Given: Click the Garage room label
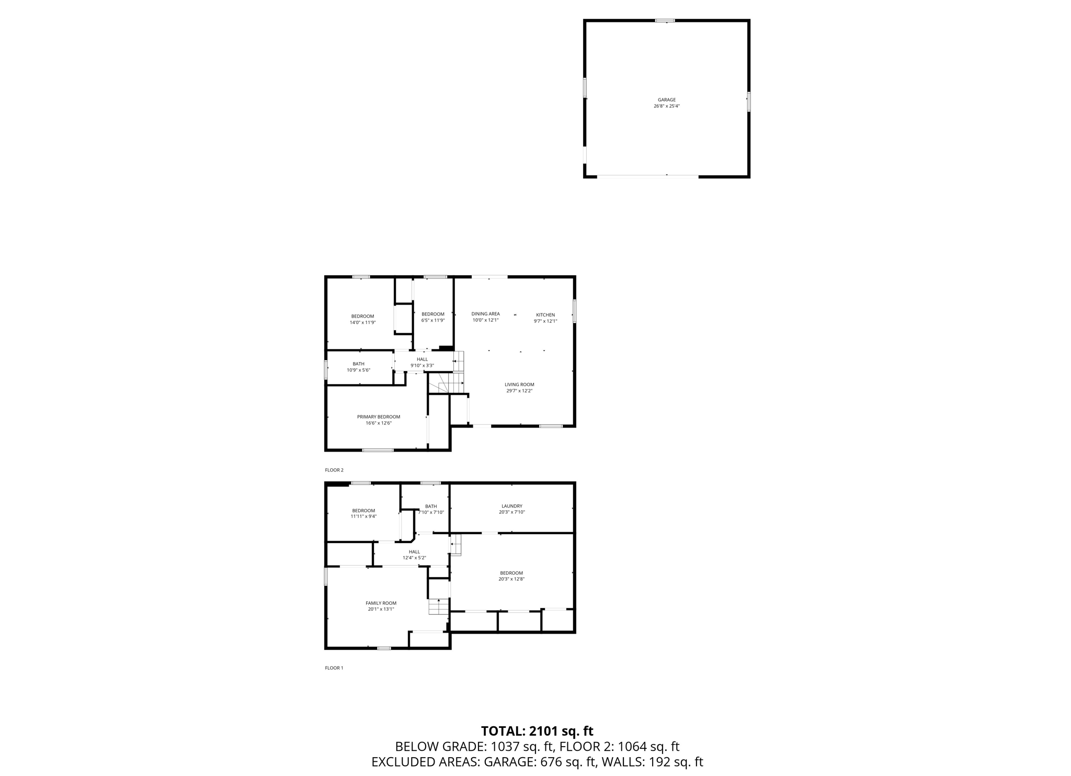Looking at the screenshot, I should point(666,99).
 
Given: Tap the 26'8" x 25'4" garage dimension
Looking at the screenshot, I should point(666,106).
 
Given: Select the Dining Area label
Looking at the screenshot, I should point(485,314).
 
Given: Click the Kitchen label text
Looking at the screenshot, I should point(545,315).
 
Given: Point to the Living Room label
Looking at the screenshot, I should point(519,385).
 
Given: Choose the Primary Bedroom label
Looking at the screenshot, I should point(379,417).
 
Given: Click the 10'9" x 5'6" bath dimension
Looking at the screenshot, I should point(358,370).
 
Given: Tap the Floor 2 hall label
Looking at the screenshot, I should point(422,359).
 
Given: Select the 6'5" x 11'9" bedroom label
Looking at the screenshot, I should point(433,320).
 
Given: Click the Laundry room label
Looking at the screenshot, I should point(511,506).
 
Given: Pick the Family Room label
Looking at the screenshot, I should point(381,603).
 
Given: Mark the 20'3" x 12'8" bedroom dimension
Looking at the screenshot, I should point(511,579).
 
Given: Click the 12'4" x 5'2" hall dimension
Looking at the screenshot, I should point(414,558).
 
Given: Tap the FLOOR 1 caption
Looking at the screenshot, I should point(334,668).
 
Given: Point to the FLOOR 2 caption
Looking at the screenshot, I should point(334,470).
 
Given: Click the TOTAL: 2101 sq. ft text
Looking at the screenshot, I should point(537,731).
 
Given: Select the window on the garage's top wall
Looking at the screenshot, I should point(665,21).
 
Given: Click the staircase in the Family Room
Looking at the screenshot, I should point(438,607).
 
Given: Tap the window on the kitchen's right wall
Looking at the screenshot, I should point(574,311).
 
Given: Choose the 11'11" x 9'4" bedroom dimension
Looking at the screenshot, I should point(363,516).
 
